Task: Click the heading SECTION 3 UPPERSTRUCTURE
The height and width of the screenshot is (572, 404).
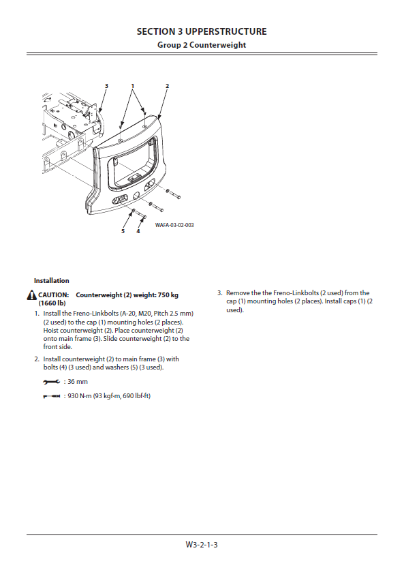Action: (202, 32)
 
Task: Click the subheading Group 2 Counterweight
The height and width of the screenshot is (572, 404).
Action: (202, 45)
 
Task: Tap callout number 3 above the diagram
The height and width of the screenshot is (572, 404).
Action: (106, 86)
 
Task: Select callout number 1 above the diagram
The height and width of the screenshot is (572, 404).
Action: (133, 86)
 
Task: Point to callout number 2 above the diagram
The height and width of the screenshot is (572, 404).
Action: (168, 86)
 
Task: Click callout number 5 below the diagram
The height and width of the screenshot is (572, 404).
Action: (123, 231)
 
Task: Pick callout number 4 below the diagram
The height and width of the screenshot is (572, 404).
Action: (138, 231)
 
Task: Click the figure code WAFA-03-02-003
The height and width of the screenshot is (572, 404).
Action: (174, 225)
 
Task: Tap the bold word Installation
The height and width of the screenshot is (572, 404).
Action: (51, 280)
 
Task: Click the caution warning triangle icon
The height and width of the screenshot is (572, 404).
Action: (32, 295)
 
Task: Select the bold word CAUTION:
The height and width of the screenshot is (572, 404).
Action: (54, 295)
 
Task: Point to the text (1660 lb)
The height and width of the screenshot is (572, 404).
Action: (52, 303)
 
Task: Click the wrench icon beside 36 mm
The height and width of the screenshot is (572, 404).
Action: (51, 382)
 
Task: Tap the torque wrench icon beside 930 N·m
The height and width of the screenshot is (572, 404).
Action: (51, 396)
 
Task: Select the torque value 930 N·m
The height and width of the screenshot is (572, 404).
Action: (80, 396)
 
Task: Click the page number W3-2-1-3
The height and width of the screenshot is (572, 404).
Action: (202, 545)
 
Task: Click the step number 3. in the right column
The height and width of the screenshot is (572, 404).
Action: (220, 293)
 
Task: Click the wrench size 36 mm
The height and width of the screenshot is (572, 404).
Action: (78, 382)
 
